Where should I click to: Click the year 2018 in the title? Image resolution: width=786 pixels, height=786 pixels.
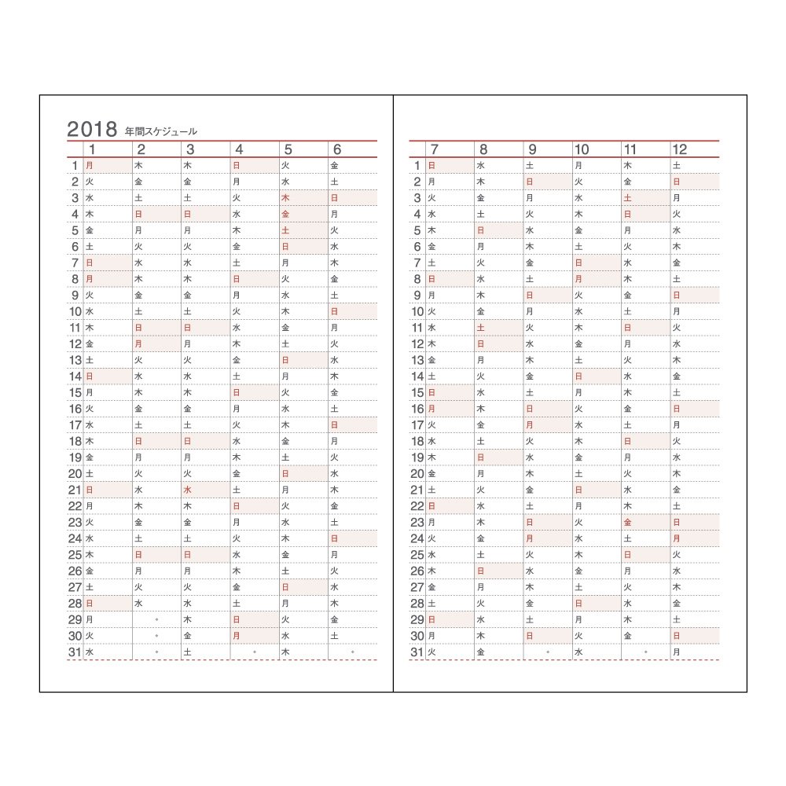[x=92, y=130]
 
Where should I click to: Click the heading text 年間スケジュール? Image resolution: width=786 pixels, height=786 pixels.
[x=161, y=132]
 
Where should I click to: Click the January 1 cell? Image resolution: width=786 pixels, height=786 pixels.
[x=107, y=166]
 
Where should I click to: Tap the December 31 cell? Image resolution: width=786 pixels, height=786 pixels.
[x=694, y=652]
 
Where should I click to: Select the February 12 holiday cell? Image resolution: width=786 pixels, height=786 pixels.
[x=156, y=344]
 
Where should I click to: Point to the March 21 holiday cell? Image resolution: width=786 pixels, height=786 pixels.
[x=204, y=490]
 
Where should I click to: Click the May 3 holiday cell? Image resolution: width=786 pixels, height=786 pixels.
[x=303, y=198]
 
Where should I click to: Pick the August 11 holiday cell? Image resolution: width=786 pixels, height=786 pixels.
[x=498, y=328]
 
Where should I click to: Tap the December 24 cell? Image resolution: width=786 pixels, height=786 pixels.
[x=694, y=538]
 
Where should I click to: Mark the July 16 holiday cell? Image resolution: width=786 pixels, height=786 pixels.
[x=450, y=409]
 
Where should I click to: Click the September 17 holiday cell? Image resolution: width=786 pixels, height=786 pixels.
[x=547, y=425]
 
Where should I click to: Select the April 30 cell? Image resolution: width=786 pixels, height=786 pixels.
[x=254, y=635]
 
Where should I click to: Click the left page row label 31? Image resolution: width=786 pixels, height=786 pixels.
[x=75, y=652]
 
